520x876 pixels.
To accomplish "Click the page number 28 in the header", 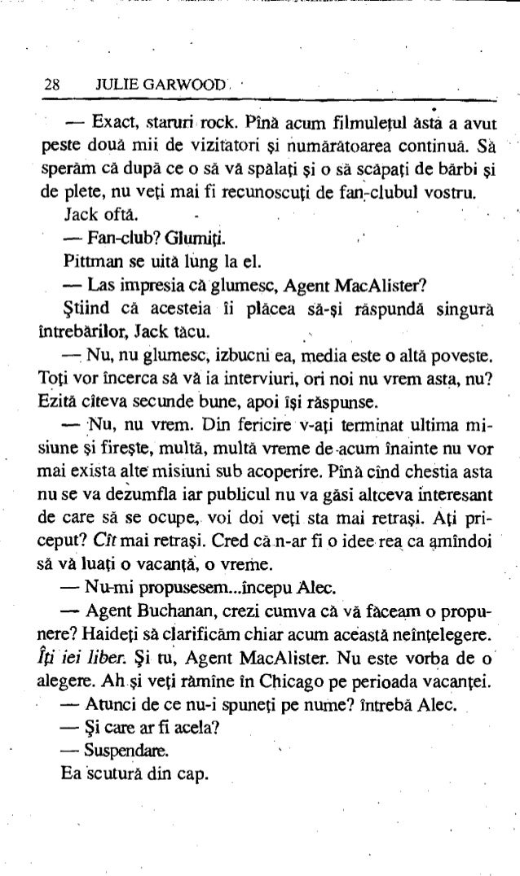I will pyautogui.click(x=51, y=83).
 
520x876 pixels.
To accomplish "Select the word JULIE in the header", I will pyautogui.click(x=111, y=83).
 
